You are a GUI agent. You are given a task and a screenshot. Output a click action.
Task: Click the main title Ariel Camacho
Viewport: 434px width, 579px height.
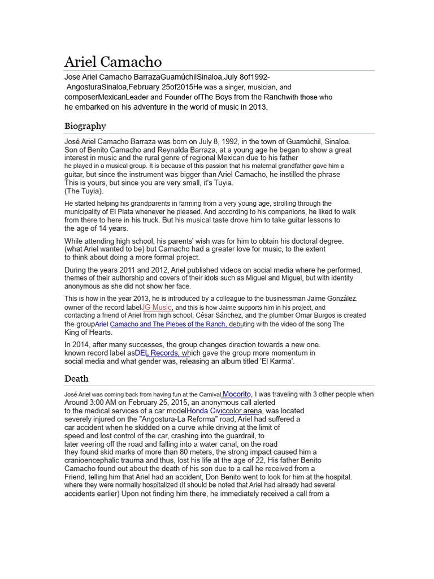coord(113,62)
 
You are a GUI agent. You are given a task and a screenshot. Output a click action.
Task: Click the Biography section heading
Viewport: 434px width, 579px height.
coord(85,126)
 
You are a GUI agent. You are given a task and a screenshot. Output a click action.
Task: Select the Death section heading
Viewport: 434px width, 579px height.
coord(76,378)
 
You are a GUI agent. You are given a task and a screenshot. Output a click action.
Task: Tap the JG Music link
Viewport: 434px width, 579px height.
coord(156,307)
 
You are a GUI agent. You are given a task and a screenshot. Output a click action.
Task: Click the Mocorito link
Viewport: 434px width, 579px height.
coord(237,394)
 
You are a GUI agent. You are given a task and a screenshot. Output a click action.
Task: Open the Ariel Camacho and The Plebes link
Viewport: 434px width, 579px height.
coord(161,324)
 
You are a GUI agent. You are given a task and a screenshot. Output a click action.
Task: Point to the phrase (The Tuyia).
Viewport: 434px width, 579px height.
coord(84,191)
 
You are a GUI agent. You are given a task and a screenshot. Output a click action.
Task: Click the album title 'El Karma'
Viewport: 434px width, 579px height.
coord(276,361)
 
